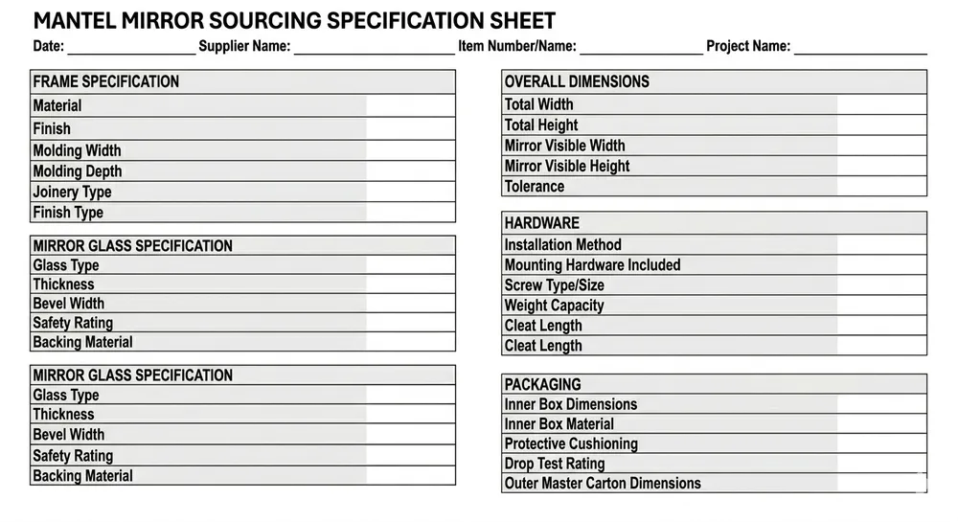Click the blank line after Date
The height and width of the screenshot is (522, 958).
pyautogui.click(x=131, y=50)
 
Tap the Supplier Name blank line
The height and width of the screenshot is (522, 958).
pyautogui.click(x=374, y=50)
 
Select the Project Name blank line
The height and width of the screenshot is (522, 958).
pyautogui.click(x=860, y=50)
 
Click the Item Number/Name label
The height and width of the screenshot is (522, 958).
pyautogui.click(x=517, y=46)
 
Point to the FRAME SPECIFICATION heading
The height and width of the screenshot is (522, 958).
pyautogui.click(x=106, y=82)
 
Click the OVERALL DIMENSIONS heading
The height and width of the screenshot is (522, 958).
pyautogui.click(x=577, y=82)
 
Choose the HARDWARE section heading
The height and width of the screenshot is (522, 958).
pyautogui.click(x=542, y=223)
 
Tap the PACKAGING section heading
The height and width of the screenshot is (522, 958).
pyautogui.click(x=543, y=384)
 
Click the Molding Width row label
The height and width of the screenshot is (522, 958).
pyautogui.click(x=78, y=150)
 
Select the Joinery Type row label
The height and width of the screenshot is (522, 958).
pyautogui.click(x=73, y=192)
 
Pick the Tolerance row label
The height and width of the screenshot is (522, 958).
pyautogui.click(x=535, y=187)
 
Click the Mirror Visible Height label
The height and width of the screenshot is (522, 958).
pyautogui.click(x=567, y=166)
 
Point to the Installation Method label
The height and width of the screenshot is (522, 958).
pyautogui.click(x=563, y=245)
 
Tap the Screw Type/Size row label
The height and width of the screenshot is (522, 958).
pyautogui.click(x=555, y=285)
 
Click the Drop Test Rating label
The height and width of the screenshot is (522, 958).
pyautogui.click(x=555, y=464)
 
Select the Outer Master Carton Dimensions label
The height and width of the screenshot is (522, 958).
pyautogui.click(x=603, y=484)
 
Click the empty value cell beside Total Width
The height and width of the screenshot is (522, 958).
pyautogui.click(x=881, y=104)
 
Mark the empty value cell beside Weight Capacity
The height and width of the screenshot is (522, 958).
pyautogui.click(x=881, y=306)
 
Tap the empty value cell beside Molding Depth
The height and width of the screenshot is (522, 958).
pyautogui.click(x=410, y=171)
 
